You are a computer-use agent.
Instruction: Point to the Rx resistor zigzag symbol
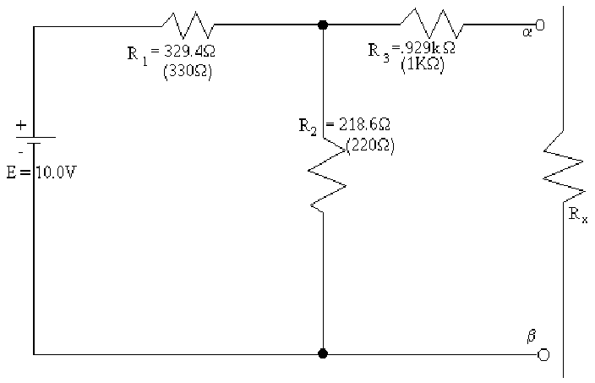[x=564, y=165]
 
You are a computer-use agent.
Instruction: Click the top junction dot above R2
[x=323, y=25]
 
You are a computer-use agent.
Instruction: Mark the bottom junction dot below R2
[x=323, y=353]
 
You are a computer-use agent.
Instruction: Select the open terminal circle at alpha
[x=541, y=25]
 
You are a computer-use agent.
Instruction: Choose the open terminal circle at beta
[x=543, y=353]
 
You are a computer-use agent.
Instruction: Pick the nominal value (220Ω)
[x=370, y=144]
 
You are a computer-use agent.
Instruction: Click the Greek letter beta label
[x=531, y=335]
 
